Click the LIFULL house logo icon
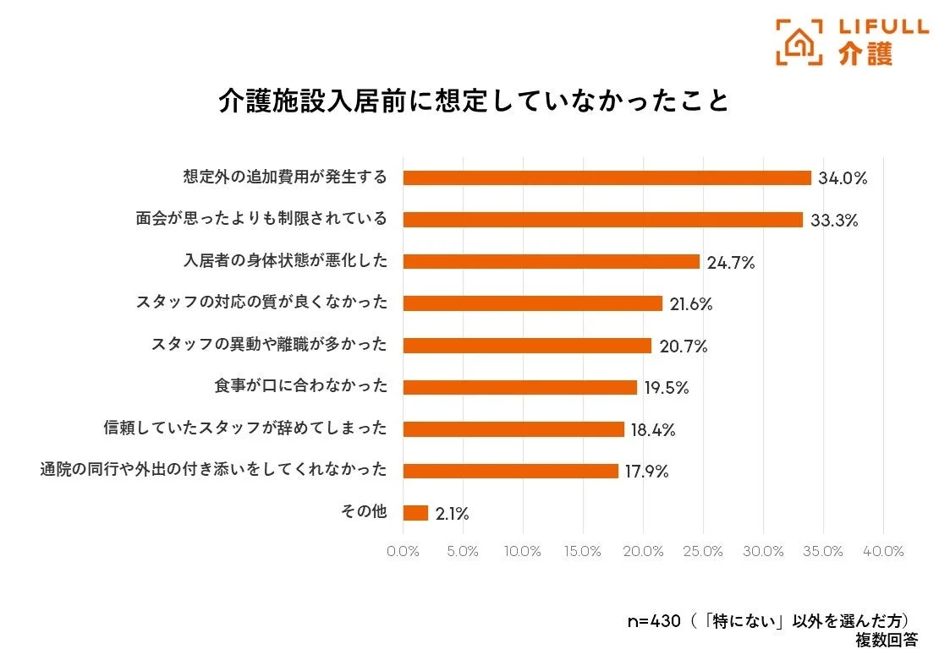[x=799, y=41]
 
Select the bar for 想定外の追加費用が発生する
[x=607, y=177]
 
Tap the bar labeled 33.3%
[x=602, y=220]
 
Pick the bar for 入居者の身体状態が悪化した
[x=551, y=262]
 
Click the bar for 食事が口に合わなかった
[x=519, y=387]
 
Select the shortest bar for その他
[x=415, y=513]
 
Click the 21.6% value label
[x=691, y=304]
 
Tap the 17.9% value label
[x=647, y=472]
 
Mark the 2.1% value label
[x=453, y=514]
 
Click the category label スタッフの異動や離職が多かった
[x=269, y=345]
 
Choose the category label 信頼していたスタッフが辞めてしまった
[x=245, y=428]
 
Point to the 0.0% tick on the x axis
[x=403, y=551]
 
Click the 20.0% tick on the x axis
[x=643, y=551]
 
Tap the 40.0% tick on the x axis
[x=883, y=551]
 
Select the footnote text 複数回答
[x=886, y=641]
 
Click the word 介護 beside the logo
[x=865, y=54]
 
